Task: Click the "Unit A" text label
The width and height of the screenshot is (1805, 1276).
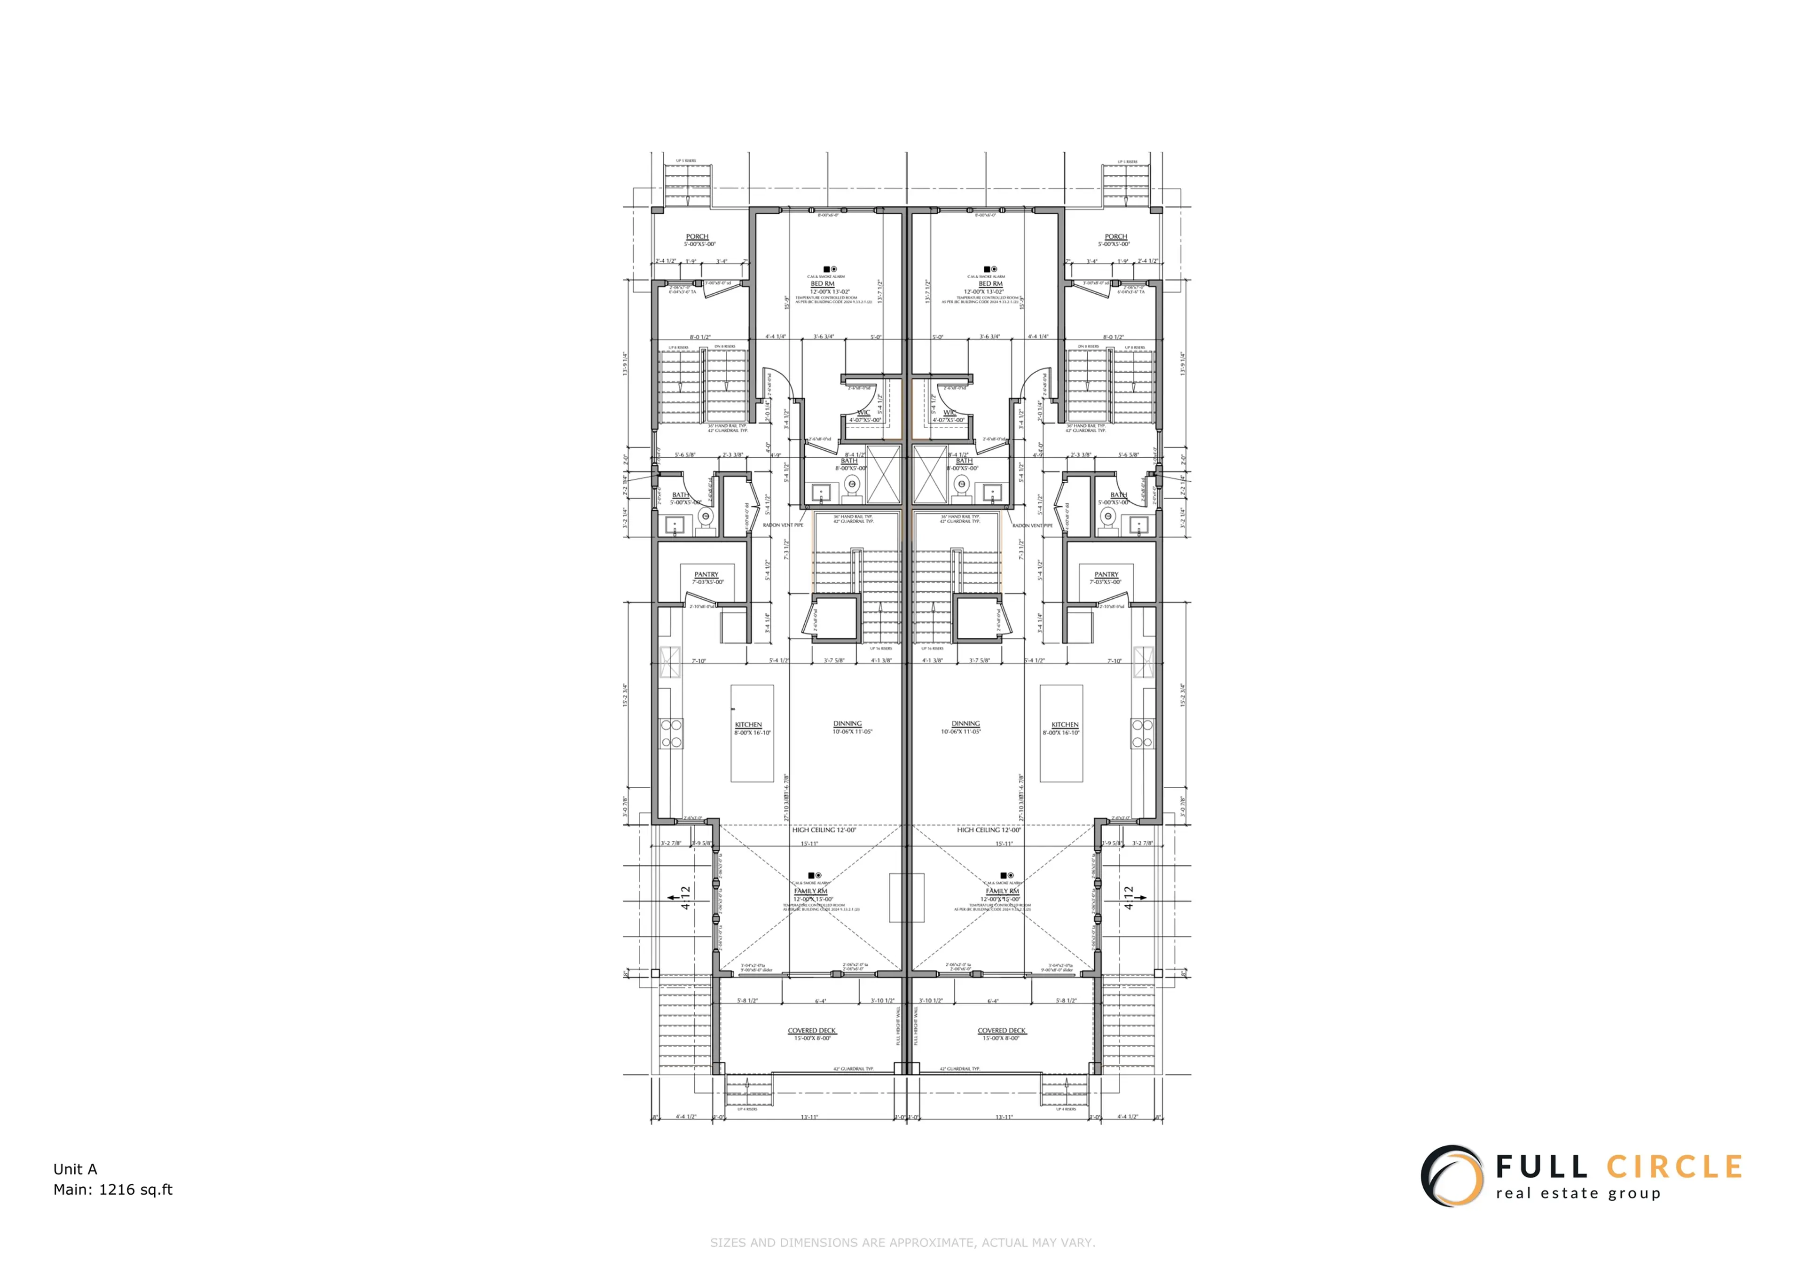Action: pos(75,1169)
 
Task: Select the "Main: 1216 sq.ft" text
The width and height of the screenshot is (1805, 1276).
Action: pos(112,1190)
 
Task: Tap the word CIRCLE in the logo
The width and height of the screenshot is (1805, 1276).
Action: pos(1674,1166)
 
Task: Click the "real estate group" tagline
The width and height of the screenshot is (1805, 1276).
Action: pos(1578,1193)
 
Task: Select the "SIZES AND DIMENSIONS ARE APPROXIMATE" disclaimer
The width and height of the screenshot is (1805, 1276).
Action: pos(902,1243)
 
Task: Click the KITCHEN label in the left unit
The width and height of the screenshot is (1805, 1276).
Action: pos(748,725)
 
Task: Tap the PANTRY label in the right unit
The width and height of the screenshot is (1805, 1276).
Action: pos(1106,575)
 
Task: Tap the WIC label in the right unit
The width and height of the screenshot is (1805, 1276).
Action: pos(950,413)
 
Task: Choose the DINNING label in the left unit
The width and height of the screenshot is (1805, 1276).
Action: pos(848,723)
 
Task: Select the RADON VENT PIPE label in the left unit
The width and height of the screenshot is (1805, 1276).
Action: pos(783,525)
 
